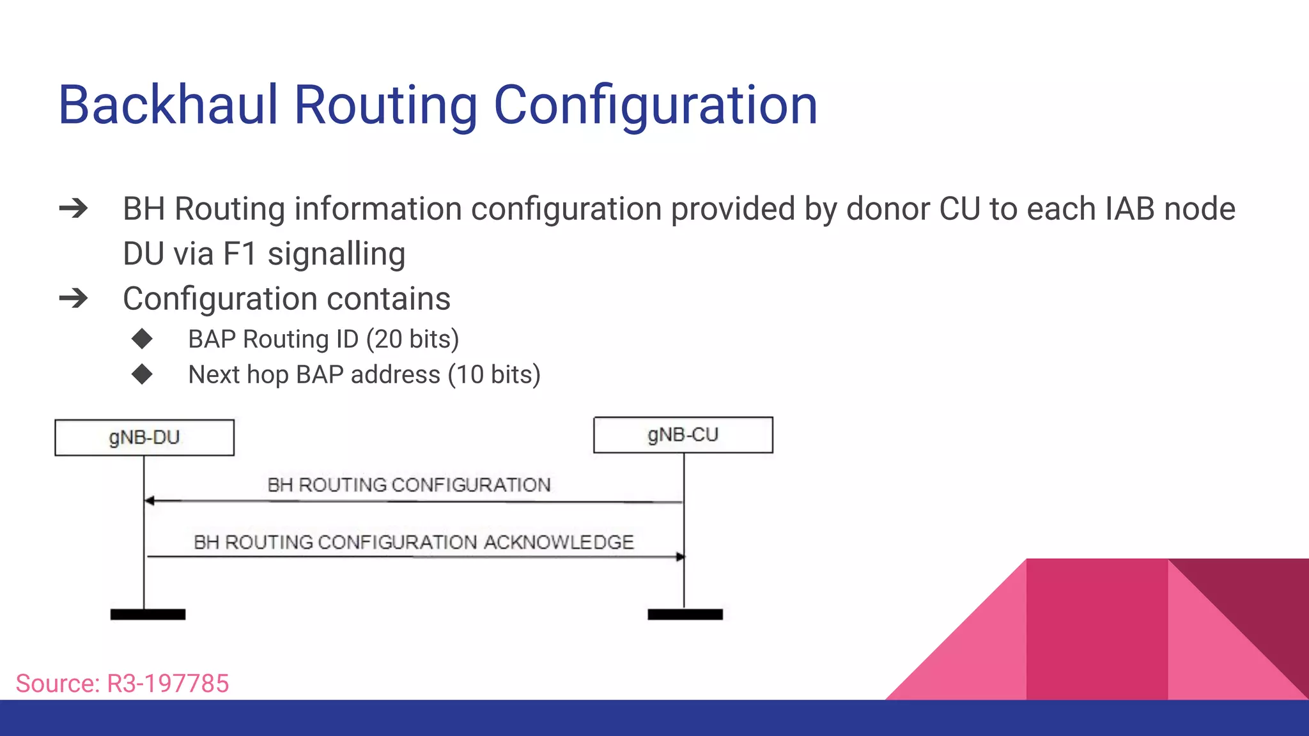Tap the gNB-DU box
pyautogui.click(x=144, y=438)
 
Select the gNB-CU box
pyautogui.click(x=683, y=435)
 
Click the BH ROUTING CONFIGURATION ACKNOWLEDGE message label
pyautogui.click(x=414, y=542)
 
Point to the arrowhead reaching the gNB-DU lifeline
pyautogui.click(x=150, y=501)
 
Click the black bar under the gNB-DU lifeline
pyautogui.click(x=148, y=614)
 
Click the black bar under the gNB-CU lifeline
pyautogui.click(x=685, y=614)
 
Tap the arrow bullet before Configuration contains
pyautogui.click(x=74, y=298)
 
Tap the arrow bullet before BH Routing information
pyautogui.click(x=74, y=208)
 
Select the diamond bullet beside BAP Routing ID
pyautogui.click(x=142, y=339)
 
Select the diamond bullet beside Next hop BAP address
pyautogui.click(x=142, y=374)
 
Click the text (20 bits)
pyautogui.click(x=412, y=339)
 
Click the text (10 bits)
pyautogui.click(x=494, y=374)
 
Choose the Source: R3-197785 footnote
pyautogui.click(x=122, y=684)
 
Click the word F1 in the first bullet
pyautogui.click(x=240, y=254)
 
